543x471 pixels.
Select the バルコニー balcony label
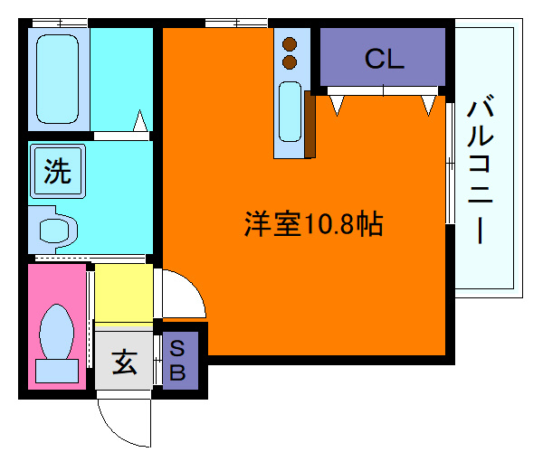click(481, 173)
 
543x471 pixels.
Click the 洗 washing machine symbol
click(57, 171)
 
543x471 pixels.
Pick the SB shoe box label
click(178, 359)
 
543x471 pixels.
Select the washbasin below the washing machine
click(54, 229)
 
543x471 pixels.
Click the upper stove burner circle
click(291, 43)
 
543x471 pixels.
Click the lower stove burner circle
click(291, 62)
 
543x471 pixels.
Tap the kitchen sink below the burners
click(290, 111)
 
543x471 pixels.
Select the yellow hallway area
click(124, 293)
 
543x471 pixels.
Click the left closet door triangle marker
click(338, 106)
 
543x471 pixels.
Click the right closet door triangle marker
click(427, 106)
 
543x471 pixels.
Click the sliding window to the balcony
click(450, 163)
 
